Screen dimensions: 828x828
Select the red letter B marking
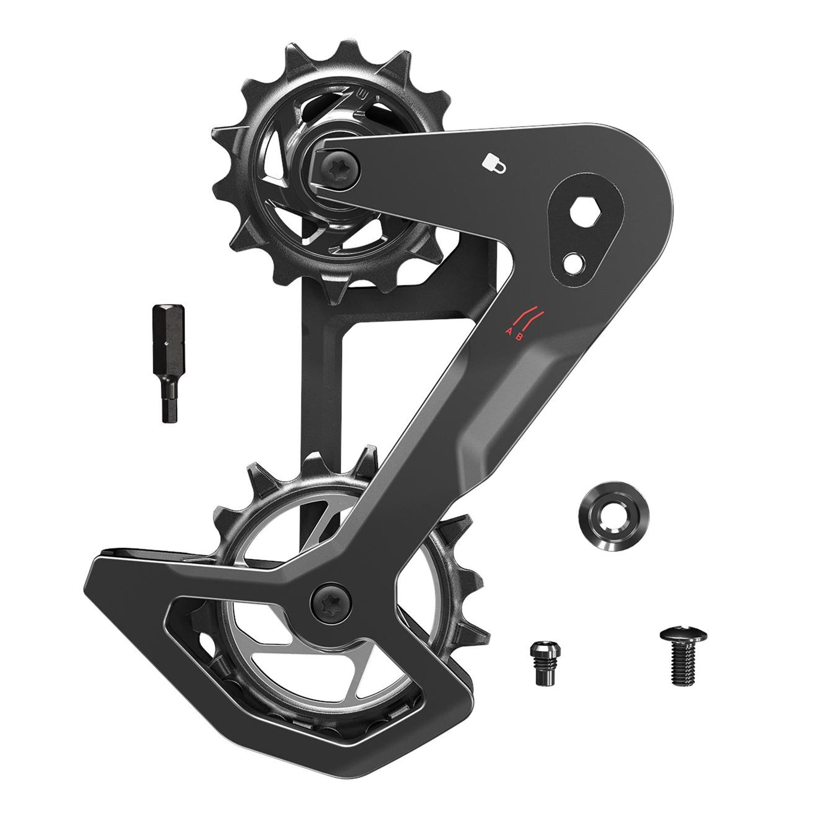[x=519, y=337]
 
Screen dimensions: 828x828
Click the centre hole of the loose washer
[x=613, y=516]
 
